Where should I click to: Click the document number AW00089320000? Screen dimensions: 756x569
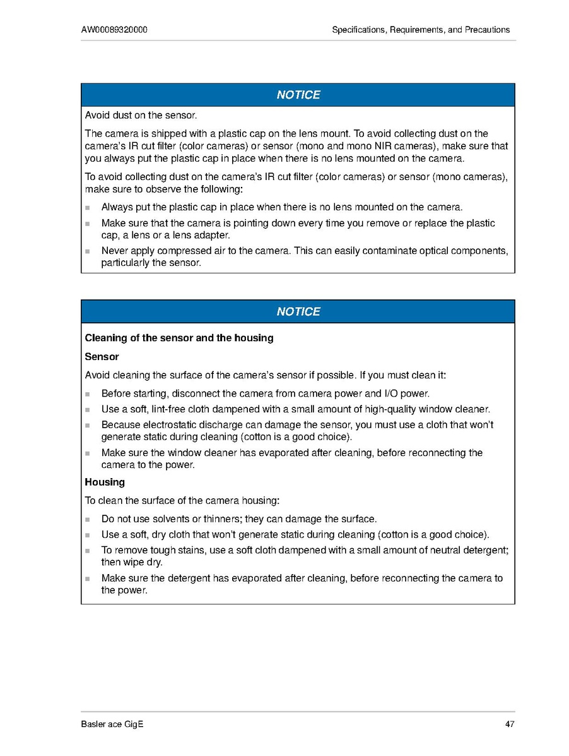(114, 30)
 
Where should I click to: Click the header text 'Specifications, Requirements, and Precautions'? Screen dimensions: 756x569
(421, 30)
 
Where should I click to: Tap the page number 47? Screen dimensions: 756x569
(510, 724)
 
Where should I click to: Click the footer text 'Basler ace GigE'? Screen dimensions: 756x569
(112, 724)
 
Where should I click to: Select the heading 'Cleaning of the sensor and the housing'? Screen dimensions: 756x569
(179, 338)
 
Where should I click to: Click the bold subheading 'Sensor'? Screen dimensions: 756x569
(102, 357)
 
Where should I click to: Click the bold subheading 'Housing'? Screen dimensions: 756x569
(105, 482)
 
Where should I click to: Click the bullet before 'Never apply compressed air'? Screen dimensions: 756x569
(88, 251)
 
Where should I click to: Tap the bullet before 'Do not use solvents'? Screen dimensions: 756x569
(88, 520)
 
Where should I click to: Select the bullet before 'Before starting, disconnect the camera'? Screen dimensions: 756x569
(88, 394)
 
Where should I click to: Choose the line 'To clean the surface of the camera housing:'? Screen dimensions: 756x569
(182, 501)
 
